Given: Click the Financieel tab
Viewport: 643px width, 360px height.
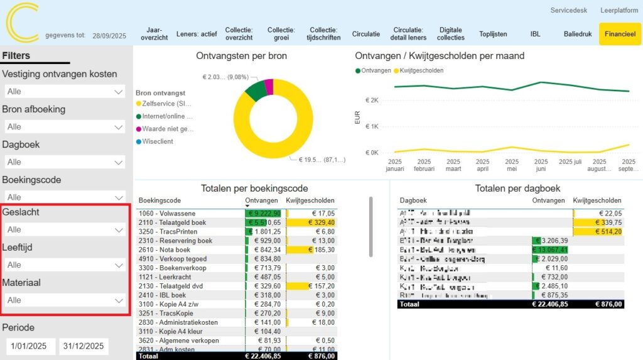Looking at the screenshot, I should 619,34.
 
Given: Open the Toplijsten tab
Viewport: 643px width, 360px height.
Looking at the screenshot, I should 492,34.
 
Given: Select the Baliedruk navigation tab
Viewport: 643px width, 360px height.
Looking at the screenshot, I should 577,34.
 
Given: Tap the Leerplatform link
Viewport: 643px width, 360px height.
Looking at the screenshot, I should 619,11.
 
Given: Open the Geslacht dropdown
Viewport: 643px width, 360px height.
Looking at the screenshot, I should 65,230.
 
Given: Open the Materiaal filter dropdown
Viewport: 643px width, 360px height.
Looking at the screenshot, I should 65,300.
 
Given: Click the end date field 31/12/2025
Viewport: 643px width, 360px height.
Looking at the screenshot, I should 84,346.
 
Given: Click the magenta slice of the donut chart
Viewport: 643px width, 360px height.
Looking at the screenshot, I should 269,87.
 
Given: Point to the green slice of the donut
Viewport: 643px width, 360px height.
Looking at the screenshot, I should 256,92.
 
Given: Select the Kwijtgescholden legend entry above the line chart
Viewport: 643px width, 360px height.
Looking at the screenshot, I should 421,70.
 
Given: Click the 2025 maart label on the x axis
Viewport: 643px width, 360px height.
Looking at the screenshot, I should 453,165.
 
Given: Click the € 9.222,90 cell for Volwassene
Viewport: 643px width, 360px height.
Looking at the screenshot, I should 263,214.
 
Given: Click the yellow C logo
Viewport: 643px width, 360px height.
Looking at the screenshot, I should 22,23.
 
